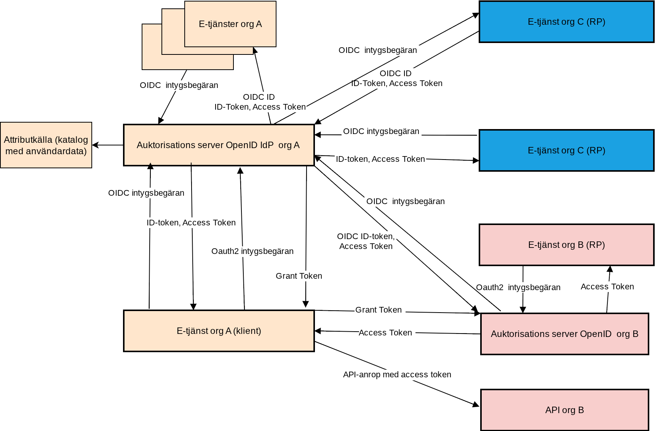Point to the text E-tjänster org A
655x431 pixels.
(x=230, y=24)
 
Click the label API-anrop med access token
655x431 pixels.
(x=397, y=375)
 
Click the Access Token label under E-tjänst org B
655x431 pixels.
(x=607, y=287)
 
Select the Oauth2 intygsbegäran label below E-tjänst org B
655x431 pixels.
(x=518, y=287)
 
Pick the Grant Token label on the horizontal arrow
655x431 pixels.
(x=378, y=310)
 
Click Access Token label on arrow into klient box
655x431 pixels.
(x=385, y=333)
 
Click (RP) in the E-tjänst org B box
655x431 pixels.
(x=596, y=245)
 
